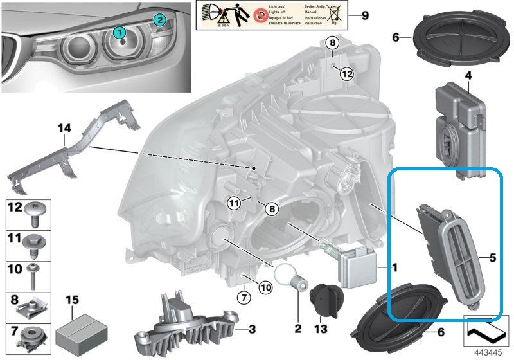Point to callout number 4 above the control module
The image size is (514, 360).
tap(468, 76)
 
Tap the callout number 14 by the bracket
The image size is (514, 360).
tap(64, 129)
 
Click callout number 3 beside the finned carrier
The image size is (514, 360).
tap(252, 329)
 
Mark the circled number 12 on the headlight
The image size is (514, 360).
tap(347, 74)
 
